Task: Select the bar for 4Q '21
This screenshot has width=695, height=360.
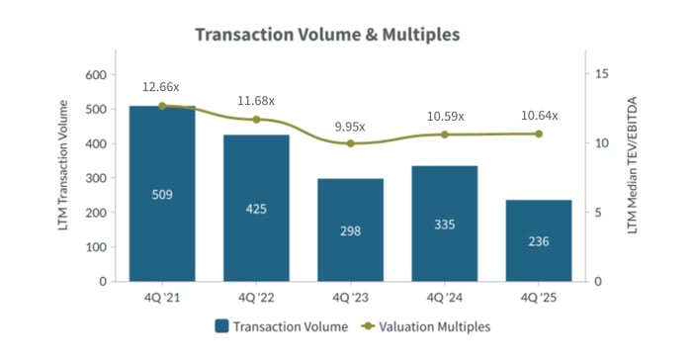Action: [x=162, y=193]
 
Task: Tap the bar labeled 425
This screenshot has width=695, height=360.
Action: [x=256, y=208]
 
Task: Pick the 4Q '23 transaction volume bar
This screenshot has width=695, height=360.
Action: [x=350, y=229]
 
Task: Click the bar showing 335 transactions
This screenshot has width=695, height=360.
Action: [x=444, y=224]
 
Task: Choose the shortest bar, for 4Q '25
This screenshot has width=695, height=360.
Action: [x=538, y=240]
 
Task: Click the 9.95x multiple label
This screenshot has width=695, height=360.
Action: [x=350, y=127]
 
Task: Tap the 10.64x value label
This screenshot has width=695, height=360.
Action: [x=538, y=116]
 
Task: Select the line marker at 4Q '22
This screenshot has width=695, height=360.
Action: [x=256, y=120]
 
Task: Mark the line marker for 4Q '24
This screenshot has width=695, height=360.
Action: [x=444, y=135]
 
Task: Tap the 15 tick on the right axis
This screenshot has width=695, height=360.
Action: [x=600, y=74]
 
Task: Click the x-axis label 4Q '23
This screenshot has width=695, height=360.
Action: [x=350, y=297]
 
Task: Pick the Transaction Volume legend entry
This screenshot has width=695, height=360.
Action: [x=282, y=325]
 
